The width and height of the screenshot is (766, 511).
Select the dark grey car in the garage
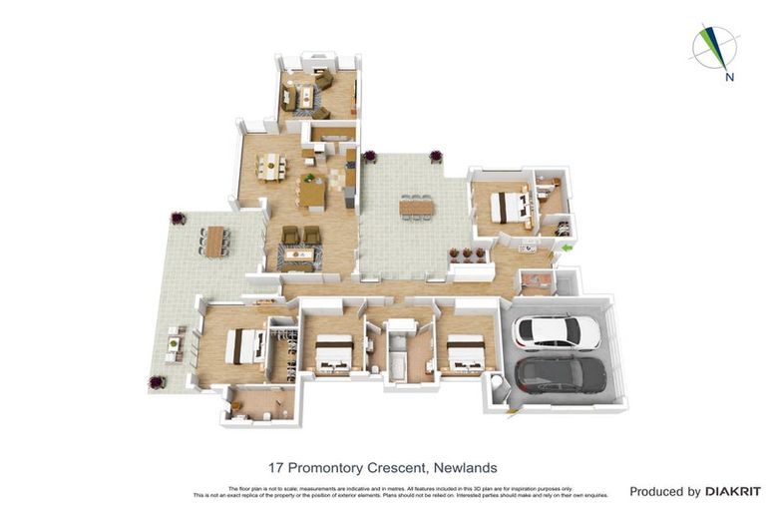pyautogui.click(x=561, y=374)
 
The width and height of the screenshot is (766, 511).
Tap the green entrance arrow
pyautogui.click(x=567, y=248)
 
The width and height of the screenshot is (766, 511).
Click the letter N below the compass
pyautogui.click(x=730, y=77)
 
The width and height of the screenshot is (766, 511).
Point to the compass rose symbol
pyautogui.click(x=714, y=47)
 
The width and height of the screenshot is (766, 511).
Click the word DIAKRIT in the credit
pyautogui.click(x=733, y=491)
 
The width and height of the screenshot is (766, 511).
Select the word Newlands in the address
pyautogui.click(x=463, y=467)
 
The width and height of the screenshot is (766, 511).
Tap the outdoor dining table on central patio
pyautogui.click(x=417, y=207)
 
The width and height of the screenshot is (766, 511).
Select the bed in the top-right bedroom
pyautogui.click(x=512, y=207)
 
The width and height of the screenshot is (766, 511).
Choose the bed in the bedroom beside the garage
pyautogui.click(x=465, y=354)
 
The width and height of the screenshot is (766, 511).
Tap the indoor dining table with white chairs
pyautogui.click(x=270, y=168)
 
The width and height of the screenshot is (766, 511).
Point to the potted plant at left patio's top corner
pyautogui.click(x=179, y=219)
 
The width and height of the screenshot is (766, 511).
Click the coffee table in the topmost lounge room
pyautogui.click(x=304, y=97)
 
